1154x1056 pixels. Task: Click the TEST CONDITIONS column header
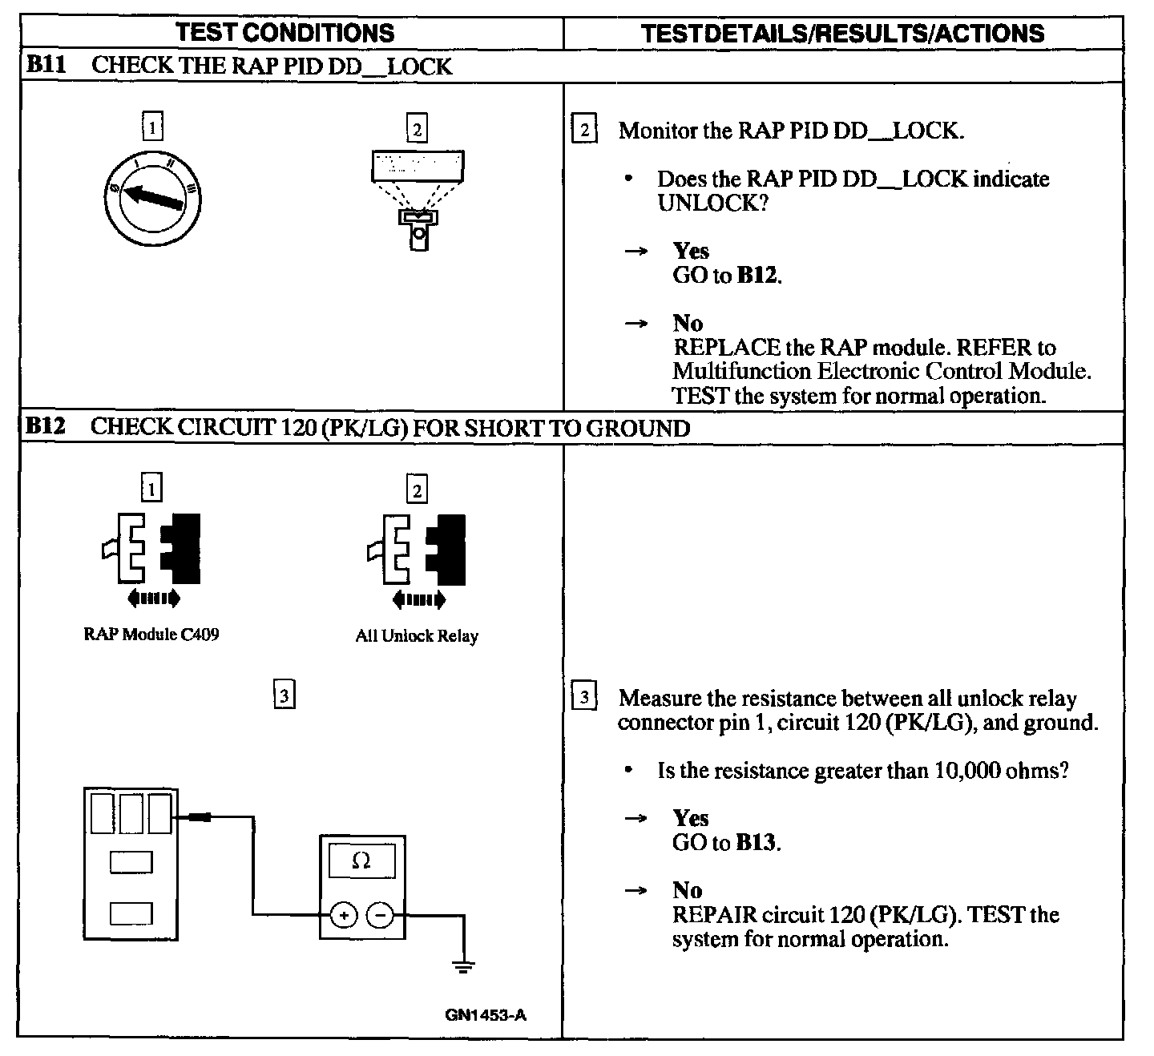point(284,33)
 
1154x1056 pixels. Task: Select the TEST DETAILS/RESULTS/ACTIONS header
point(843,33)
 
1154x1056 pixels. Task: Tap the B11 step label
point(45,65)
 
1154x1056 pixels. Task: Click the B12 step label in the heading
point(45,426)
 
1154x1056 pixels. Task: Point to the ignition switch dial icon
point(152,195)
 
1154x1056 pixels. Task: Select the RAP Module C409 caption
point(151,635)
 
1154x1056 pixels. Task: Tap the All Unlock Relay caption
point(417,636)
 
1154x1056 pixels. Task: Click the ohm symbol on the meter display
point(361,861)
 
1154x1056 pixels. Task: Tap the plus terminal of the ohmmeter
point(344,915)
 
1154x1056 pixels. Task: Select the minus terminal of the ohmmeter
point(381,915)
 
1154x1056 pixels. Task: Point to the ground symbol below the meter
point(463,965)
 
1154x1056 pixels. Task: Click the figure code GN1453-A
point(486,1015)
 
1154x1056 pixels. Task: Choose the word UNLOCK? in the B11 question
point(712,203)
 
